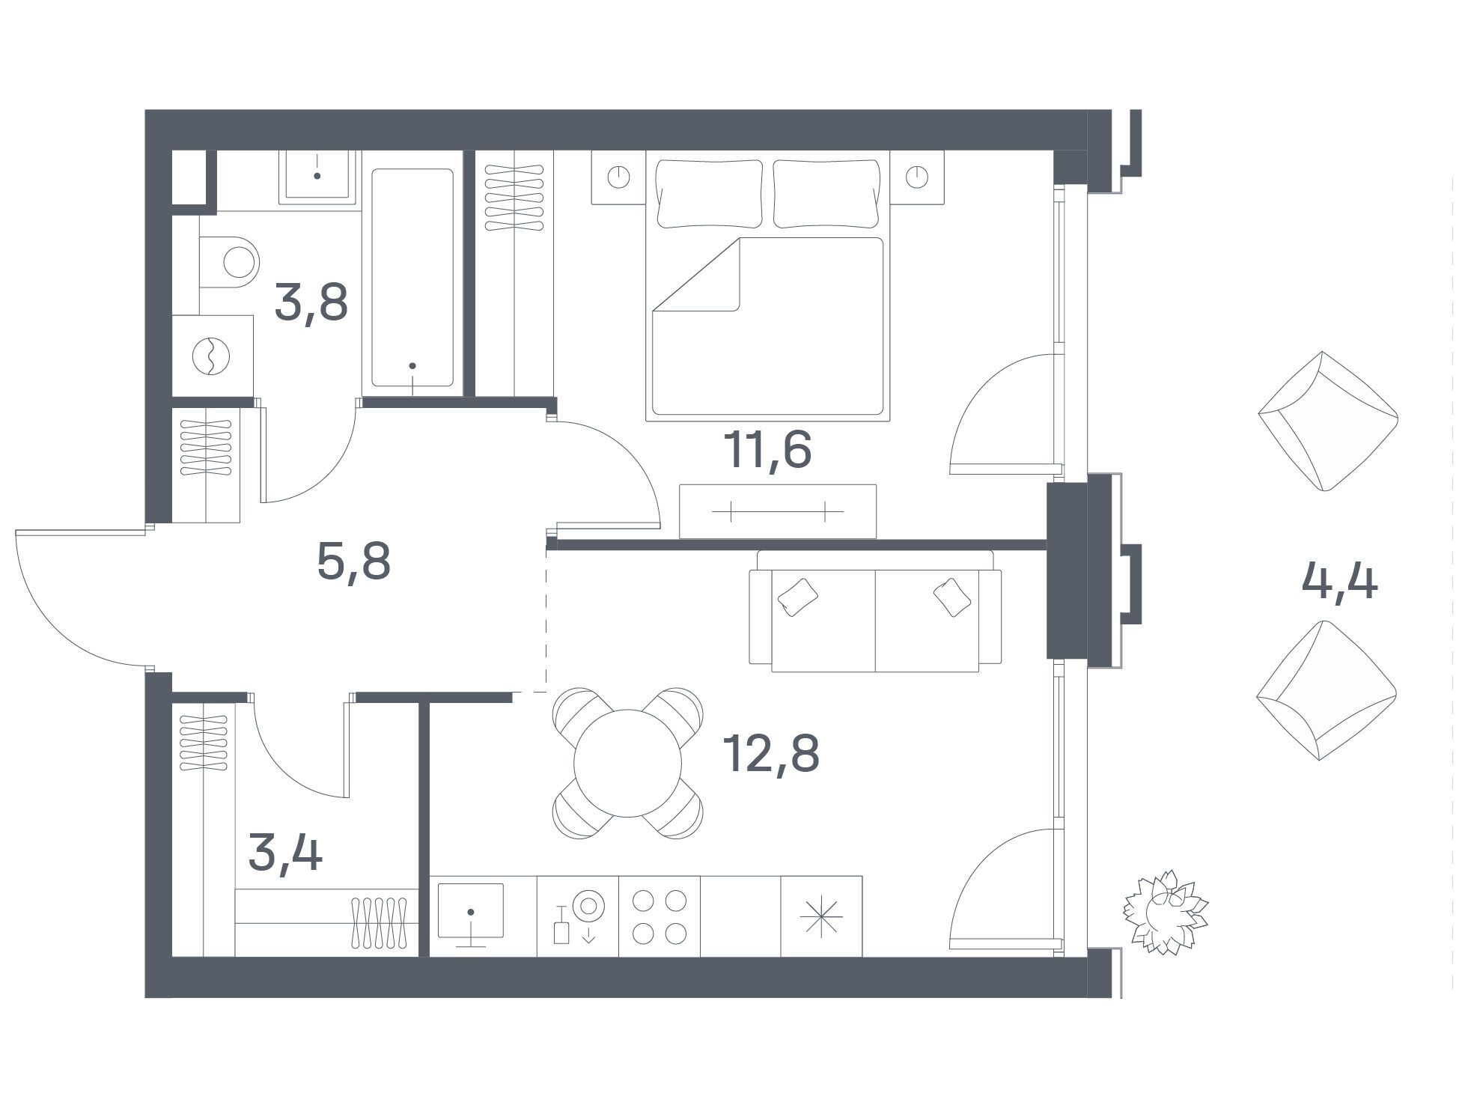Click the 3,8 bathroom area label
[311, 302]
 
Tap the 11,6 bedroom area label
[767, 449]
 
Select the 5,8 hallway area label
[353, 561]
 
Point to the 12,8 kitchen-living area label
[771, 753]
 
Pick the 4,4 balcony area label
[1339, 582]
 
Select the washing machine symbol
[213, 356]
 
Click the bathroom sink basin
[318, 177]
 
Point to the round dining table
[628, 763]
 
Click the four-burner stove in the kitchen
[660, 916]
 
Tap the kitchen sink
[471, 911]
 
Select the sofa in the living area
[875, 611]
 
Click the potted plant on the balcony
[1165, 912]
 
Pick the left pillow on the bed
[710, 194]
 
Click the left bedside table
[618, 177]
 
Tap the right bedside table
[917, 177]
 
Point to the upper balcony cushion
[1328, 421]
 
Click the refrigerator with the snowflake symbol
[821, 916]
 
